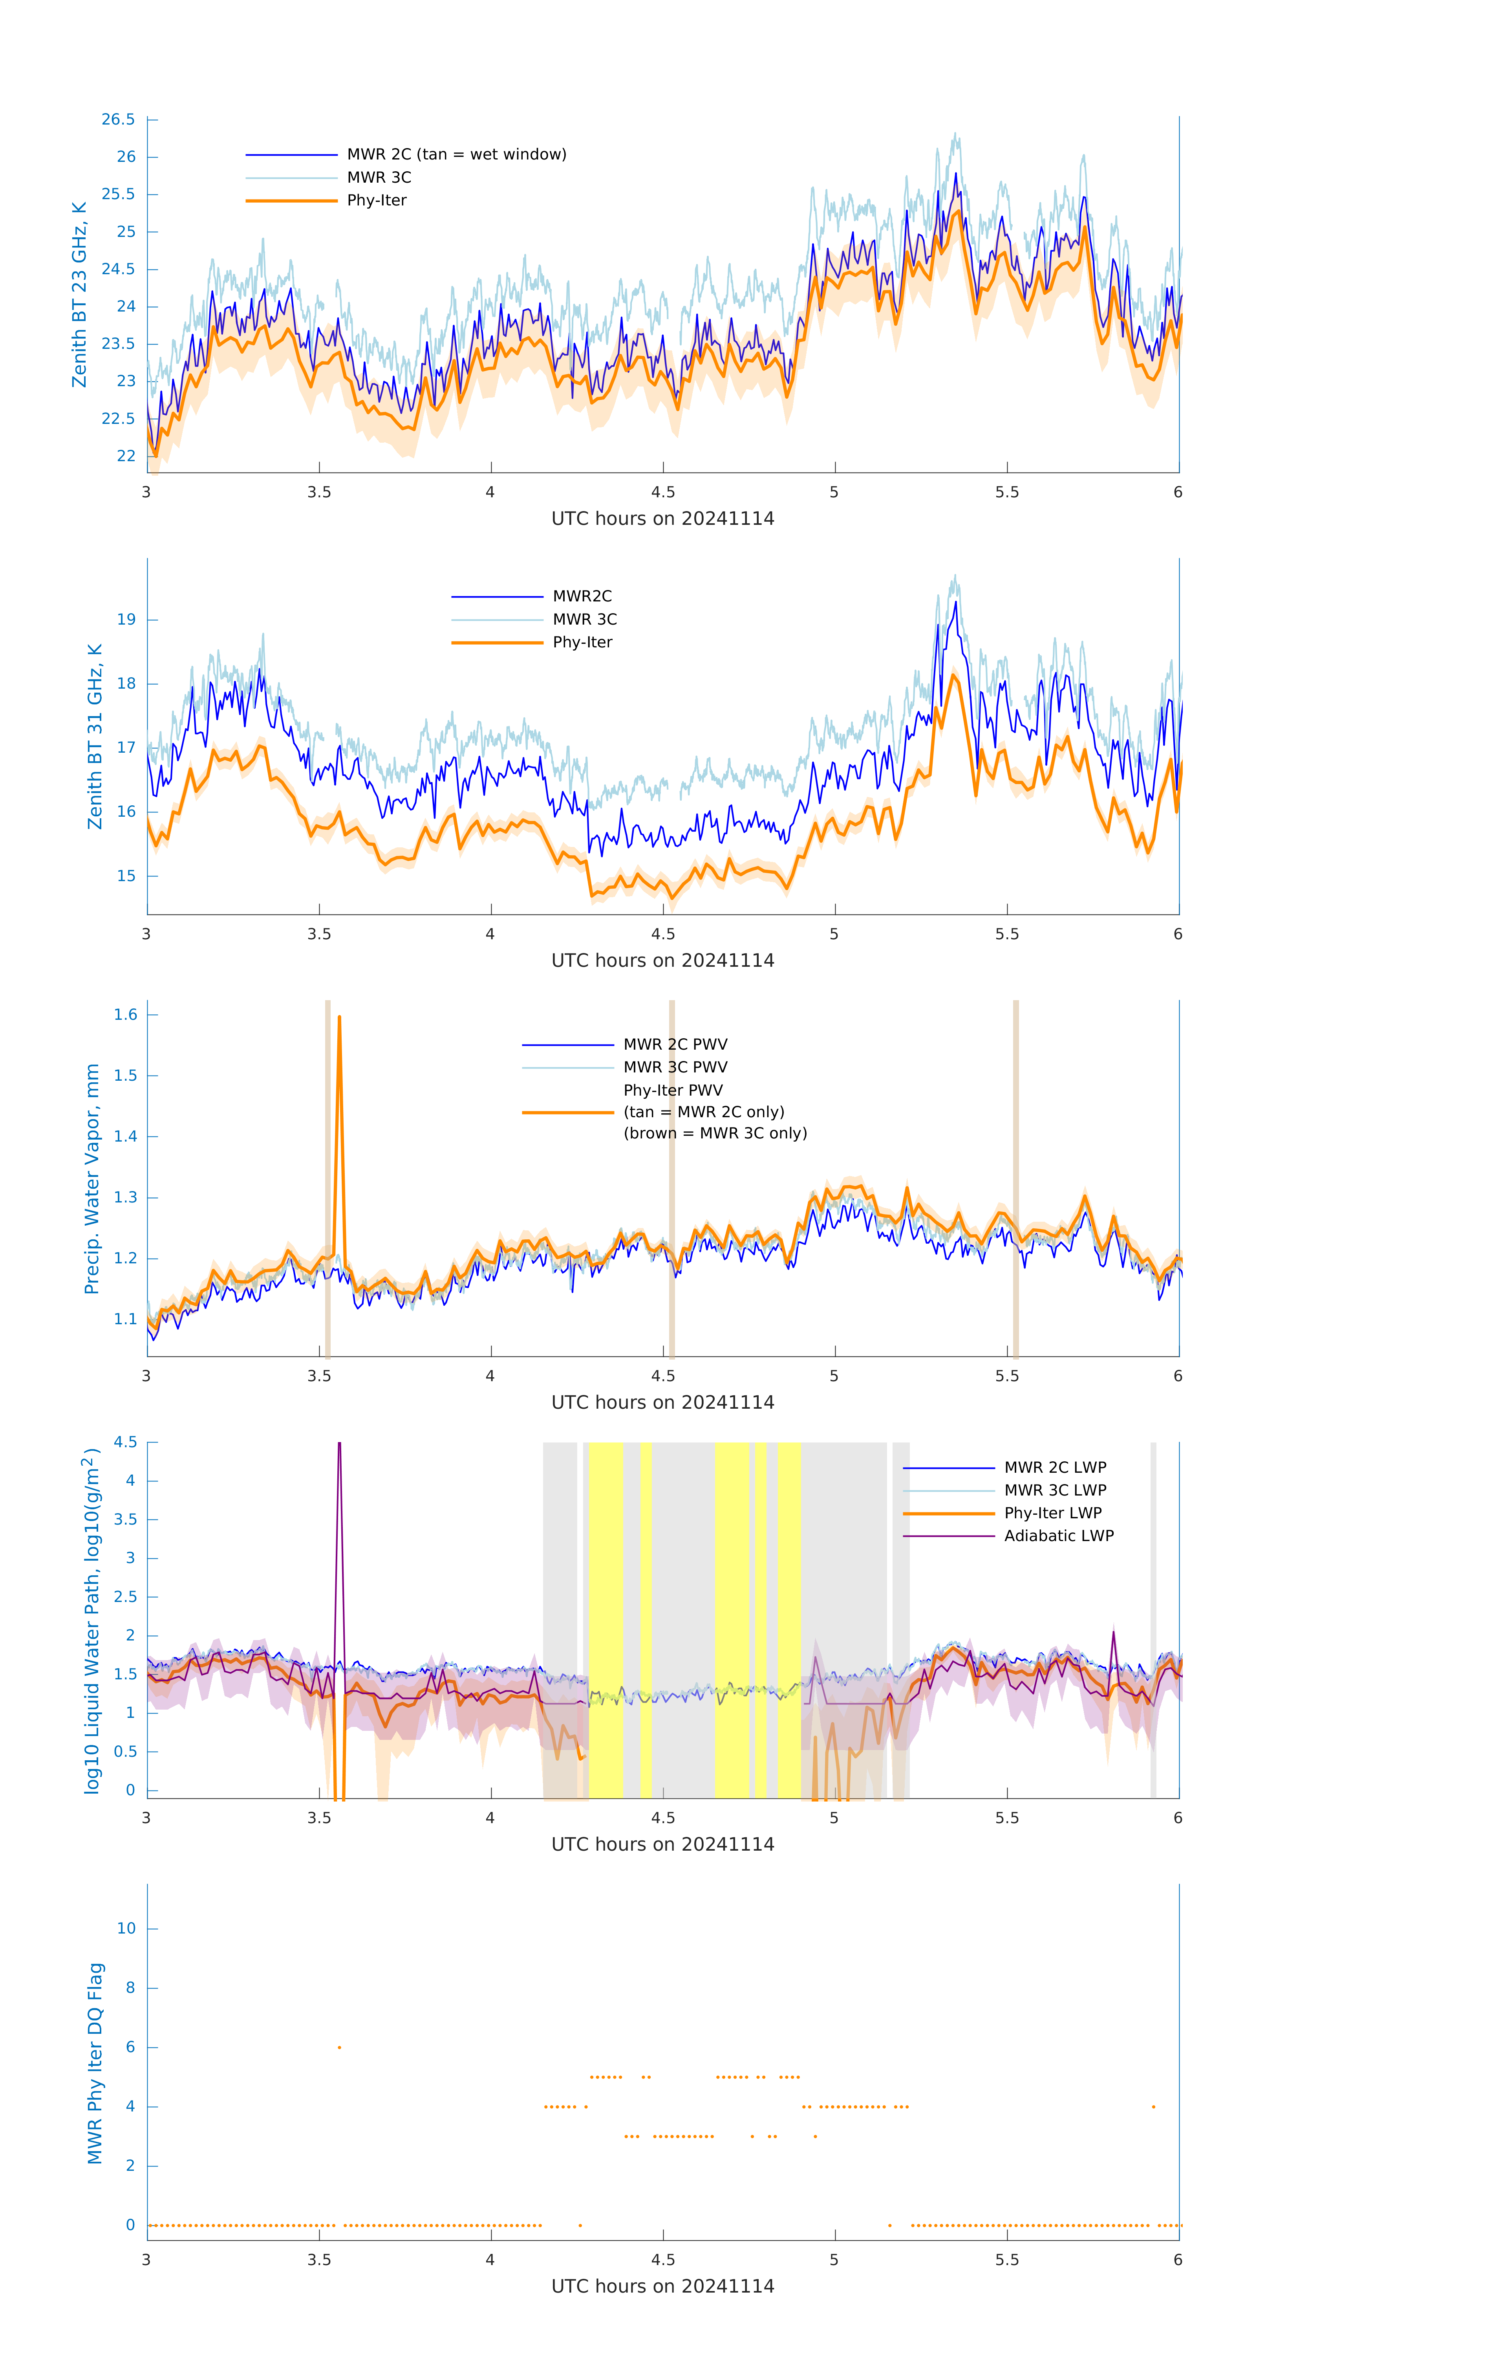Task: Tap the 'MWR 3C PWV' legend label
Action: pyautogui.click(x=675, y=1067)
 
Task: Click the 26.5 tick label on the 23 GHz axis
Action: pyautogui.click(x=119, y=119)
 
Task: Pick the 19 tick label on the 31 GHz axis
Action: pyautogui.click(x=126, y=619)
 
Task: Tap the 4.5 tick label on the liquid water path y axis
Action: pyautogui.click(x=125, y=1442)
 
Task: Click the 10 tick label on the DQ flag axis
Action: pyautogui.click(x=126, y=1928)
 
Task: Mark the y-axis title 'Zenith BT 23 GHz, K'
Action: pyautogui.click(x=79, y=295)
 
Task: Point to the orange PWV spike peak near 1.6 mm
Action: pyautogui.click(x=340, y=1018)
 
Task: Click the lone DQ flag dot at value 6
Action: pyautogui.click(x=340, y=2047)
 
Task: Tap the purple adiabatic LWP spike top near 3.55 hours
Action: pyautogui.click(x=340, y=1445)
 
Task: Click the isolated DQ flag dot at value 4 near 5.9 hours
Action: pyautogui.click(x=1154, y=2106)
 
